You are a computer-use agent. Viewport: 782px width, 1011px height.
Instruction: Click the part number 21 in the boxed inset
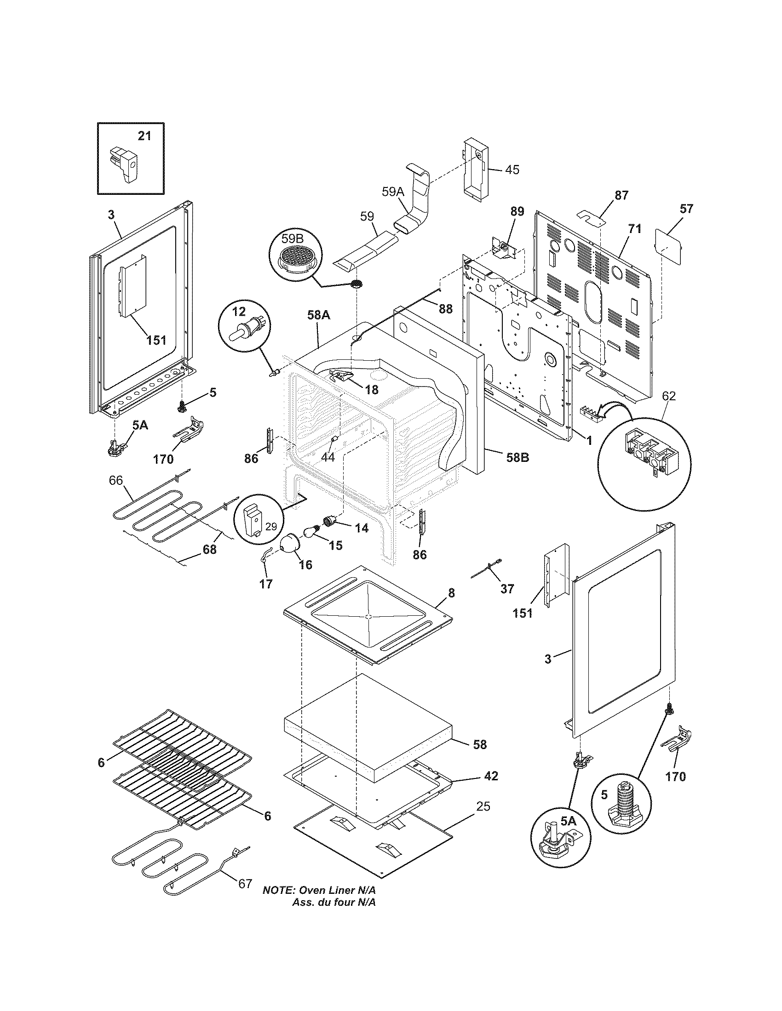[144, 136]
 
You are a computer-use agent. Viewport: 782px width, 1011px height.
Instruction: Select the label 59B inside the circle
[293, 239]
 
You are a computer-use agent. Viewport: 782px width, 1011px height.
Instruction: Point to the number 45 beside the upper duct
[512, 170]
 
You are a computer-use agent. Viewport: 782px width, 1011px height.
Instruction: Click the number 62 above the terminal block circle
[668, 396]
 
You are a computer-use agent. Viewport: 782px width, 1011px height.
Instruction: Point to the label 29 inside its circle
[271, 526]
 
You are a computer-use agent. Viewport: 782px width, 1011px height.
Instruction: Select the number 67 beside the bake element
[245, 896]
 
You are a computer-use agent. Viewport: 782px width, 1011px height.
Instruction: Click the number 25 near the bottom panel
[483, 807]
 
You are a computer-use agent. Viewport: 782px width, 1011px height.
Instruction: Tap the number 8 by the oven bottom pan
[452, 593]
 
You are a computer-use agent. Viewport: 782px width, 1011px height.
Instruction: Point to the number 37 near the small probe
[507, 589]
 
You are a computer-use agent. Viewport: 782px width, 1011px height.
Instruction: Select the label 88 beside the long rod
[445, 309]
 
